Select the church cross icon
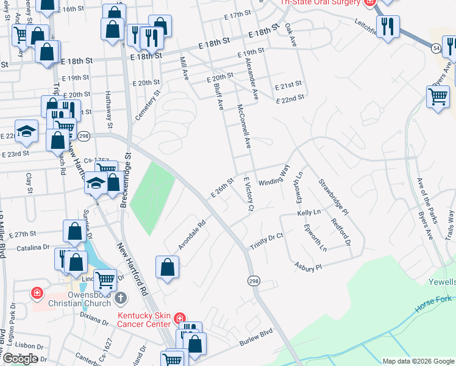point(121,298)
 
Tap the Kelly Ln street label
point(308,212)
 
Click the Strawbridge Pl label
point(332,197)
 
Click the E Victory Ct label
point(248,194)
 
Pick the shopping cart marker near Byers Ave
point(438,97)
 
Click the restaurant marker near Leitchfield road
point(387,26)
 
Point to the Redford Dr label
point(342,232)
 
